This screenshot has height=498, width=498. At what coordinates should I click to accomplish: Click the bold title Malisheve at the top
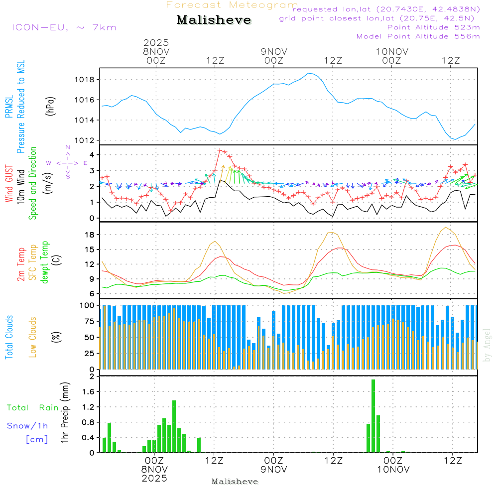214,20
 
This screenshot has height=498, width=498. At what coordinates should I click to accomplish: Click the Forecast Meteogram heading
232,5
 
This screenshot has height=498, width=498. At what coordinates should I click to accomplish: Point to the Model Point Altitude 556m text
418,36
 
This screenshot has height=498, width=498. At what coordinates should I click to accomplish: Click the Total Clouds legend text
9,337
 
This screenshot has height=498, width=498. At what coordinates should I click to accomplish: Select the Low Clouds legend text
33,337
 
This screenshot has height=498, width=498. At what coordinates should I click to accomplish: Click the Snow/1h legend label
28,426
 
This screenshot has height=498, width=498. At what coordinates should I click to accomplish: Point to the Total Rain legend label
33,408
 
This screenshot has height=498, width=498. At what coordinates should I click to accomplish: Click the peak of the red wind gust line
220,149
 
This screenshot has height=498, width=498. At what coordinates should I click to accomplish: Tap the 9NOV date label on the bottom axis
273,469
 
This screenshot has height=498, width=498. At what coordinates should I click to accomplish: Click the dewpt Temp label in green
45,262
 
